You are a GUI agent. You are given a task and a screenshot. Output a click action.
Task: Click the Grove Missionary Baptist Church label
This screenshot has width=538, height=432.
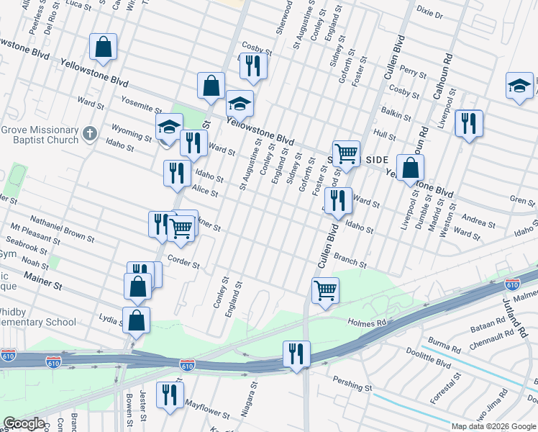point(40,135)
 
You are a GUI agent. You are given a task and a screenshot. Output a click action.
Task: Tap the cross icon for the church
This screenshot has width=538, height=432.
point(89,133)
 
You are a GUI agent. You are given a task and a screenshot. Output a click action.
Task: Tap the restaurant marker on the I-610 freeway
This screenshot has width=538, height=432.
point(296,354)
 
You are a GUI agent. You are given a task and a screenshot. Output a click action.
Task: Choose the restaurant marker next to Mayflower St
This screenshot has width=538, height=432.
point(170,395)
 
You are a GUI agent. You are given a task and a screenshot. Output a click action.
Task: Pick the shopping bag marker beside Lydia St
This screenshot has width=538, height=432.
point(137,320)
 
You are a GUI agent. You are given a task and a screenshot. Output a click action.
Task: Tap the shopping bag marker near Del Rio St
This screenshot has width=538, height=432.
point(104,48)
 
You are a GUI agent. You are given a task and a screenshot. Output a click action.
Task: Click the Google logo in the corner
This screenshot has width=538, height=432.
point(24,423)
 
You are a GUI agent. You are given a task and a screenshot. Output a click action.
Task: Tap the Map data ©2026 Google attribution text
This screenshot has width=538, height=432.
point(493,426)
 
